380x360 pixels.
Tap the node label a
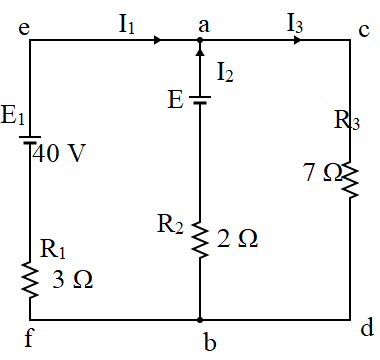(x=204, y=26)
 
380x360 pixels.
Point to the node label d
(x=366, y=328)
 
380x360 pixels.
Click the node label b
(x=210, y=343)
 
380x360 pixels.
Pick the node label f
(x=28, y=336)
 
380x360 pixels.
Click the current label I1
(x=127, y=25)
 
